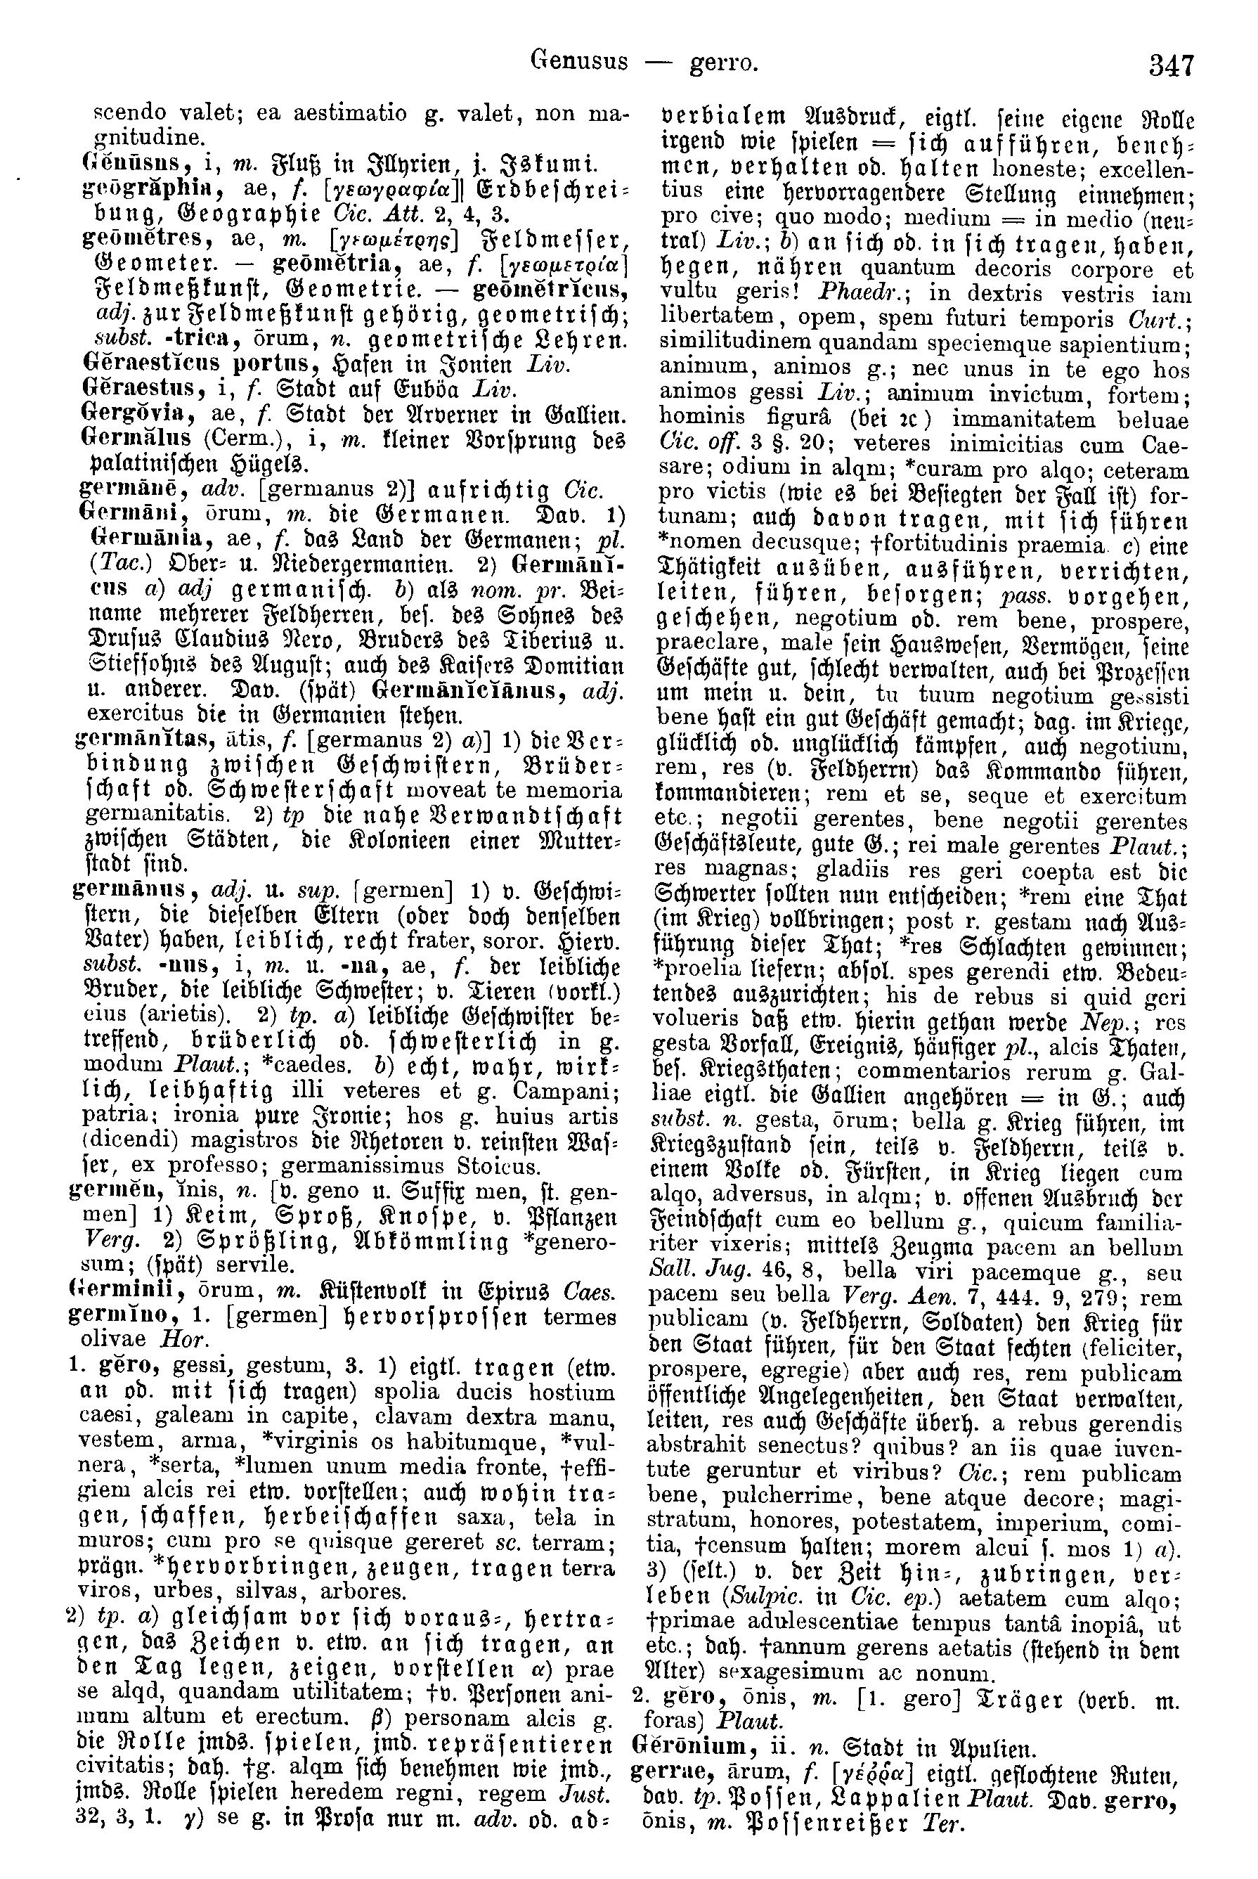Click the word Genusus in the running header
(x=579, y=61)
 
